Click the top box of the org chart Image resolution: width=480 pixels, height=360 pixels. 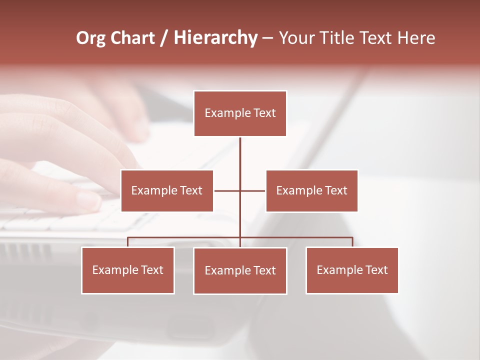[240, 113]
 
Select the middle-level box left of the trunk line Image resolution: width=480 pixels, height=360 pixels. [167, 190]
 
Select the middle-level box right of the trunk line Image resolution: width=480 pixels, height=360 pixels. [311, 190]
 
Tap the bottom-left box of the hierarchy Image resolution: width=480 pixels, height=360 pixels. [128, 270]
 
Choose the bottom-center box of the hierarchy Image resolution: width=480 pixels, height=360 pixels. [240, 271]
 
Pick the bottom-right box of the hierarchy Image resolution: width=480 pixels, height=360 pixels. [352, 270]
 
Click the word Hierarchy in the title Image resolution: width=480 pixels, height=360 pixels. [215, 38]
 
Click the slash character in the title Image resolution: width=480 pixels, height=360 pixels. [164, 38]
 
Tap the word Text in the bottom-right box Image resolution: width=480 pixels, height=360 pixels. [376, 270]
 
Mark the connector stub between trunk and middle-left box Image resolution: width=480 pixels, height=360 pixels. [227, 190]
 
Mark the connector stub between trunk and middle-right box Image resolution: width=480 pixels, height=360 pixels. [253, 190]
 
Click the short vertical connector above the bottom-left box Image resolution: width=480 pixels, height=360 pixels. [128, 242]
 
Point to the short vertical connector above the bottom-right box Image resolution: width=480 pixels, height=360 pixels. [352, 242]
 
